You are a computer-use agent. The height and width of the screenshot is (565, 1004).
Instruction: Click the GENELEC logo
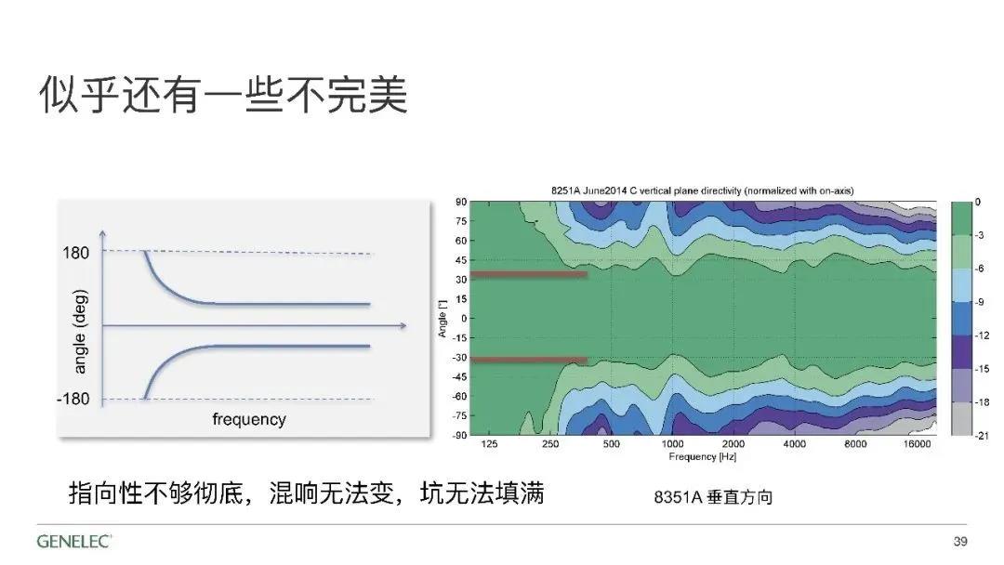tap(74, 541)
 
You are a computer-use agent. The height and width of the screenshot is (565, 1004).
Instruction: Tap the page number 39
tap(959, 542)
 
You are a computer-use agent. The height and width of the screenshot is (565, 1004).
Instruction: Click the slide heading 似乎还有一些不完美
tap(223, 95)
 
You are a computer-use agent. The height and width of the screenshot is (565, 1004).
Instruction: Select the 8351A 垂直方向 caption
tap(713, 497)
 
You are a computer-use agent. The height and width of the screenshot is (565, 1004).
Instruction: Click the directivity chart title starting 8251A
tap(703, 191)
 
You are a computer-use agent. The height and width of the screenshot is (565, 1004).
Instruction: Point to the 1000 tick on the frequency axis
tap(672, 444)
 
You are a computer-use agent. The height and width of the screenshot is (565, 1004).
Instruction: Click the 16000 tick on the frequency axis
tap(917, 444)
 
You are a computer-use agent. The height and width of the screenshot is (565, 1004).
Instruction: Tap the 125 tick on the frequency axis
tap(489, 444)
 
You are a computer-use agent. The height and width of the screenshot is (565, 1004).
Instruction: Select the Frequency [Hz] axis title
tap(703, 457)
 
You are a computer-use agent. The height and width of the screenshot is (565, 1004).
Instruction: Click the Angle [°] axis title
tap(443, 319)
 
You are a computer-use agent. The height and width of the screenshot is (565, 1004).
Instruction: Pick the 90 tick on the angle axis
tap(461, 203)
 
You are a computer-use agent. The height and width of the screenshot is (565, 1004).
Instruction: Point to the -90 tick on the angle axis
tap(460, 435)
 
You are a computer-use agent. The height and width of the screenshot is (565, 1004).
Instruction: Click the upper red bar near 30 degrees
tap(529, 275)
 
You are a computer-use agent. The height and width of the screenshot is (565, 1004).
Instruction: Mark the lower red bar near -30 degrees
tap(529, 361)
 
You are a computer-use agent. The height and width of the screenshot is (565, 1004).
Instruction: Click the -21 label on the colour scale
tap(983, 436)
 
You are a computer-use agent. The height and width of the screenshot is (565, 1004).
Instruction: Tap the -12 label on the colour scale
tap(983, 335)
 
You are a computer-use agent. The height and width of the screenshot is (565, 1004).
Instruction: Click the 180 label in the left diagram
tap(75, 253)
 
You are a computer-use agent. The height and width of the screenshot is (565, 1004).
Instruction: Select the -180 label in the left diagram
tap(73, 400)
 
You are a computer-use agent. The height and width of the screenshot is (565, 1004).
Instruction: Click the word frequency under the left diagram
tap(249, 420)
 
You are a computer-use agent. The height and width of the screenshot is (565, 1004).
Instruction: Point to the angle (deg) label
tap(79, 332)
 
